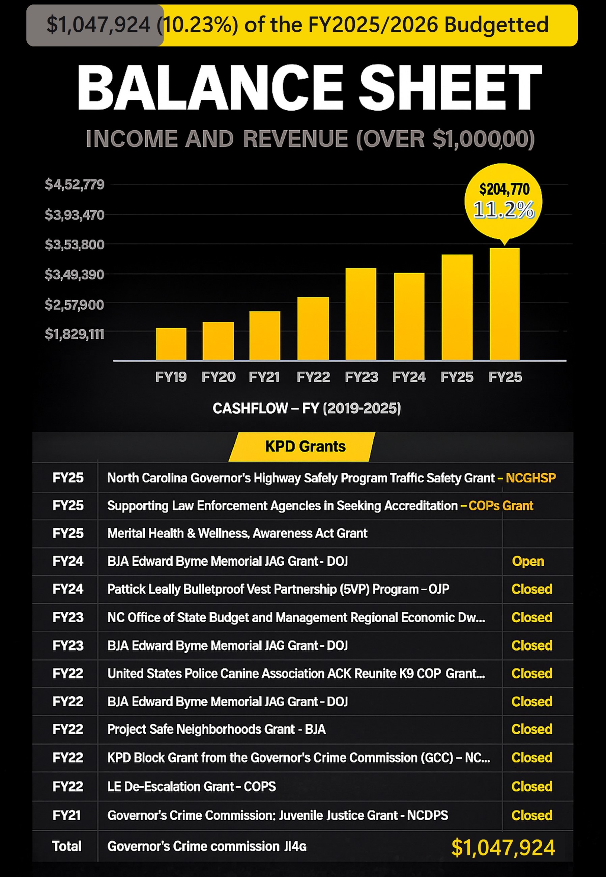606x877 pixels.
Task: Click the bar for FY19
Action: [x=171, y=344]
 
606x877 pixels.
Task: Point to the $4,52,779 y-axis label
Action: [x=75, y=185]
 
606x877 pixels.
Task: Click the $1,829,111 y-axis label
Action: [x=75, y=334]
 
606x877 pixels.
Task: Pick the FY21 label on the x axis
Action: [x=264, y=377]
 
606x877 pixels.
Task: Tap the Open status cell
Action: [x=528, y=561]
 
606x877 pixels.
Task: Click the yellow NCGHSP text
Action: [x=530, y=478]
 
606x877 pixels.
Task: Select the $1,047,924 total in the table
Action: [x=503, y=847]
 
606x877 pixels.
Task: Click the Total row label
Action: [x=66, y=846]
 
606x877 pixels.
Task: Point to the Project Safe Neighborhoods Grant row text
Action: [x=217, y=729]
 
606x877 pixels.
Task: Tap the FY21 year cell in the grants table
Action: [x=66, y=815]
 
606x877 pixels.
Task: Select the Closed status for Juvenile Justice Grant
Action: [x=531, y=815]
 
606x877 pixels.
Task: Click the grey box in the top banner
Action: [x=95, y=25]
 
